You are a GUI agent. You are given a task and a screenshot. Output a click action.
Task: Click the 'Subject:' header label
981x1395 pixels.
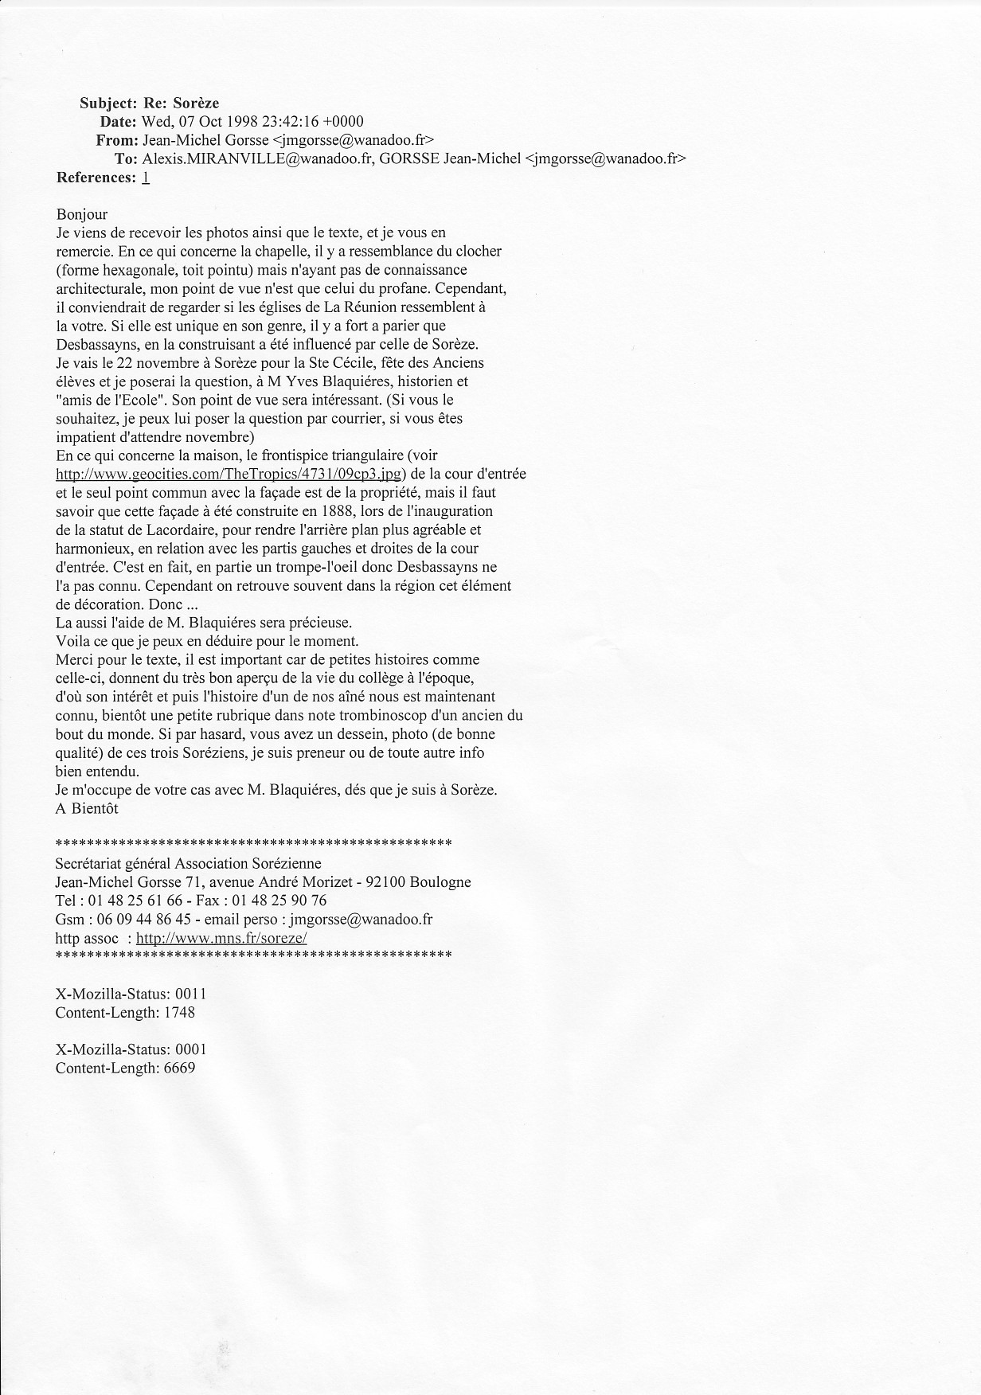108,103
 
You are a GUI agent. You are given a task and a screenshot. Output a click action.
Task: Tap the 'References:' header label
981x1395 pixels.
96,178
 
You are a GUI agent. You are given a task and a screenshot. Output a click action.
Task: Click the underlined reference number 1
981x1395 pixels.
146,178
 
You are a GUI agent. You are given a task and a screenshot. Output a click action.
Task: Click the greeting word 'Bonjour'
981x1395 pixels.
82,214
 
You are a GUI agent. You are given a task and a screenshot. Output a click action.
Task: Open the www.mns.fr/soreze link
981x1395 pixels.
221,938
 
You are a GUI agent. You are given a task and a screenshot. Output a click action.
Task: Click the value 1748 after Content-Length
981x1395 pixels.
179,1013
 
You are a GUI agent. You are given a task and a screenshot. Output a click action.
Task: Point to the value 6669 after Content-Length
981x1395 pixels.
179,1068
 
